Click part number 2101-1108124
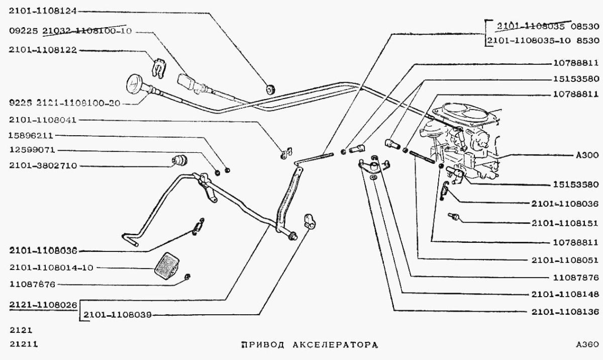point(43,11)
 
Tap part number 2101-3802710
point(43,165)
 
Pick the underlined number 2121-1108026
point(43,305)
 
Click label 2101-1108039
point(118,315)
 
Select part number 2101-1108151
point(564,222)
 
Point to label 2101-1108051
point(564,260)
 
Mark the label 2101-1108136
point(564,312)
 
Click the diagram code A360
point(587,345)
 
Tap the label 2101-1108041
point(43,120)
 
